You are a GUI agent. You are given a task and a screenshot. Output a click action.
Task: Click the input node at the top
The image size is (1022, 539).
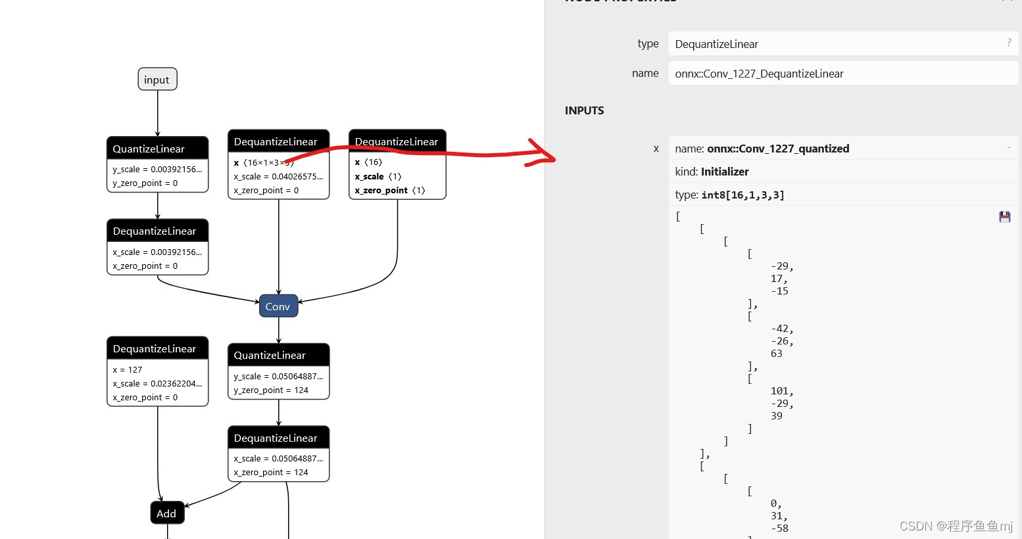tap(157, 80)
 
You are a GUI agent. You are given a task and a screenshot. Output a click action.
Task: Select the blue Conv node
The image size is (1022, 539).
tap(278, 306)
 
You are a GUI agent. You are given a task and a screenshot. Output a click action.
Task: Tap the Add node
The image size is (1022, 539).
tap(167, 513)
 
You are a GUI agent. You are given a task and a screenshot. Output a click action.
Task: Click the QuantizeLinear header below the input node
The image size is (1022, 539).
tap(157, 149)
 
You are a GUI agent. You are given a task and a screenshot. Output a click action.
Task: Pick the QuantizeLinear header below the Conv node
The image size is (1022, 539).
tap(278, 355)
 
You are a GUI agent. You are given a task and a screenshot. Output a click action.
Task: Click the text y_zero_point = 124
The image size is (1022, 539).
tap(271, 390)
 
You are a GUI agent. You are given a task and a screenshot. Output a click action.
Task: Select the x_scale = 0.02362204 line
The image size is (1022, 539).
tap(157, 384)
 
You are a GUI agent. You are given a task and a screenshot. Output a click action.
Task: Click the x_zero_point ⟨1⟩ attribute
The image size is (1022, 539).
tap(390, 191)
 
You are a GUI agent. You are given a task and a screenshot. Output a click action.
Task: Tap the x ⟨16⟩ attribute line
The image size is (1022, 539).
tap(368, 162)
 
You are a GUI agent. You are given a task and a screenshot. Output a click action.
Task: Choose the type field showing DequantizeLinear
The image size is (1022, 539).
tap(842, 44)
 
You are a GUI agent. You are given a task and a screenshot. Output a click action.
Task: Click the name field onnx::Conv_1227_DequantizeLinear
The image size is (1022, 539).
tap(842, 74)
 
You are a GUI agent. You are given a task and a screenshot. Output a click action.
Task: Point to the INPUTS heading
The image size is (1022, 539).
tap(584, 110)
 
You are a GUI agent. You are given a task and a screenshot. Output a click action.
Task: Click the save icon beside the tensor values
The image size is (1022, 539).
tap(1004, 217)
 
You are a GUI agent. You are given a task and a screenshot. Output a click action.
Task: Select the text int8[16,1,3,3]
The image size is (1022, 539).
tap(742, 195)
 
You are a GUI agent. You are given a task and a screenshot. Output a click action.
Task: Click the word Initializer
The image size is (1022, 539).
tap(725, 172)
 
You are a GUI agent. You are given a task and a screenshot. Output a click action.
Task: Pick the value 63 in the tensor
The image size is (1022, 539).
tap(777, 354)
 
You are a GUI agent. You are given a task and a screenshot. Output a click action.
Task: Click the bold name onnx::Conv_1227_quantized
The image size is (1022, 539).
tap(778, 149)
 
